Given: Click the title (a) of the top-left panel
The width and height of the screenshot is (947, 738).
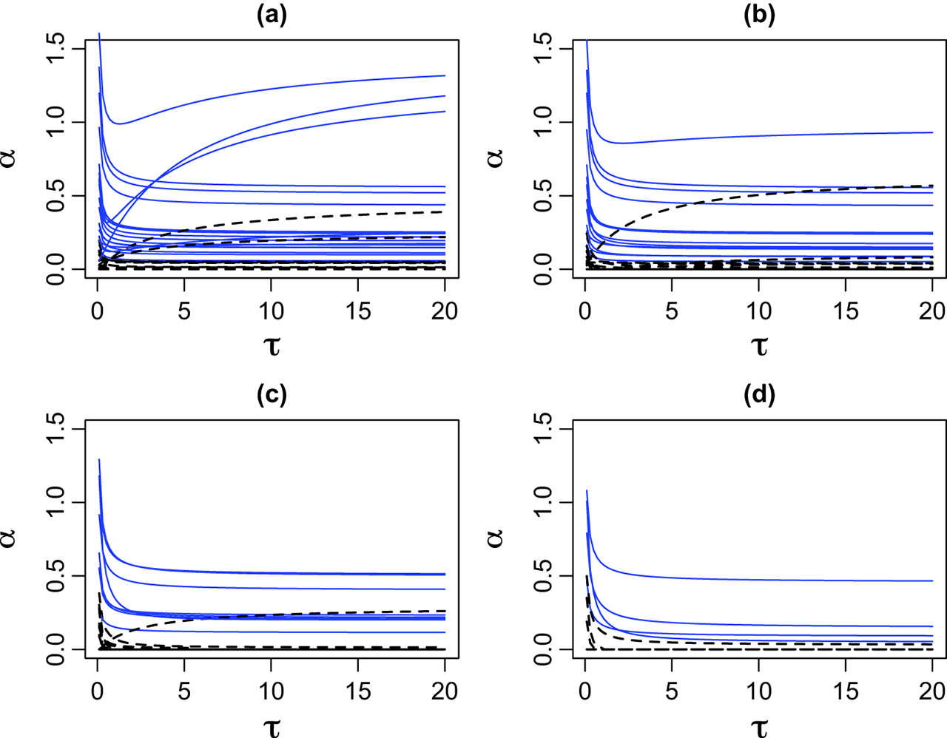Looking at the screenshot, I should tap(272, 16).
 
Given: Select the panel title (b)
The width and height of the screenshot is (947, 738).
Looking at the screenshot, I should tap(759, 16).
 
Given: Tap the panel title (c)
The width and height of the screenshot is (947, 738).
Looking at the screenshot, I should tap(272, 396).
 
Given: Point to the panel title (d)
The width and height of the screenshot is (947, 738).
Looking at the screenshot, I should tap(759, 396).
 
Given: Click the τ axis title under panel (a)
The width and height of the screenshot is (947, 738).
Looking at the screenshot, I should tap(272, 345).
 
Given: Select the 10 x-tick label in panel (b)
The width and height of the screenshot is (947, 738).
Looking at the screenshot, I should tap(759, 311).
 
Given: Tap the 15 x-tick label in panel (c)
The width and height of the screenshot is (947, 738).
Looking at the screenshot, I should tap(358, 691).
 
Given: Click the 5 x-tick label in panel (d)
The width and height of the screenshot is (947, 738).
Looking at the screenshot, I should tap(672, 691).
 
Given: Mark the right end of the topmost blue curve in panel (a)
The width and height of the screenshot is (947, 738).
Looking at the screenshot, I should tap(444, 75).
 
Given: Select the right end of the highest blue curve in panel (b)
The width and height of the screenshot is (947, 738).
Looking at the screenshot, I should tap(932, 132).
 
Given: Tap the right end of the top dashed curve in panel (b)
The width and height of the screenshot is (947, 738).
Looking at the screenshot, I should tap(932, 186).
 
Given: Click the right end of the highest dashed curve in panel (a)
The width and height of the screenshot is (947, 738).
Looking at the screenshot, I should tap(444, 211).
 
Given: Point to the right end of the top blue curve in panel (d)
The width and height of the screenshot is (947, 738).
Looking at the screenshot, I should tap(932, 581).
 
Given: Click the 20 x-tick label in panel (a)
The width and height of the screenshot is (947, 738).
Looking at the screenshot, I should tap(445, 311).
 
